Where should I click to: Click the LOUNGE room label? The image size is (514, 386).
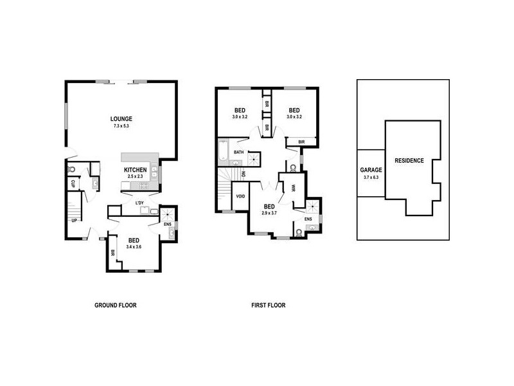coord(121,118)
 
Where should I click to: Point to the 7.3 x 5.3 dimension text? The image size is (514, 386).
coord(121,126)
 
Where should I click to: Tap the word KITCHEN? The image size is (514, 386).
coord(136,170)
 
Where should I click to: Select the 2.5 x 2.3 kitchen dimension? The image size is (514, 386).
coord(136,176)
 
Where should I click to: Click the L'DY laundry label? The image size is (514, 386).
coord(139,203)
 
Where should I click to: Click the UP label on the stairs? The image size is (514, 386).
coord(75,220)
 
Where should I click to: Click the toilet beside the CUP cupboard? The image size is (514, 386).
coord(71,170)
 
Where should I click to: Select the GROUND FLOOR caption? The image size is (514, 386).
coord(116,306)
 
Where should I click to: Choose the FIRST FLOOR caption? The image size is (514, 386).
coord(268,306)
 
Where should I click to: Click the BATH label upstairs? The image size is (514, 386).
coord(238,152)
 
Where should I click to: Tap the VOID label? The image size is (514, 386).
coord(241,196)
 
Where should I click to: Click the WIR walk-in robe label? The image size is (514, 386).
coord(292,188)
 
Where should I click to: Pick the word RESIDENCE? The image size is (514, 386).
coord(409,160)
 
